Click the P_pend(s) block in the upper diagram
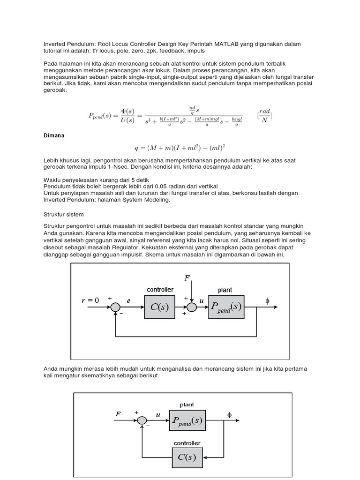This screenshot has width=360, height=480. click(x=226, y=307)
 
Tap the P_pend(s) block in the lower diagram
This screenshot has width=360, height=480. click(x=187, y=420)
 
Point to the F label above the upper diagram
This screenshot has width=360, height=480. click(x=187, y=278)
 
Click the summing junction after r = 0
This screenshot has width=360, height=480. click(x=115, y=307)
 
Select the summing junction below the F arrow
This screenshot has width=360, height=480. click(x=191, y=307)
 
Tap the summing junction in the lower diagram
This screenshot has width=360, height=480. click(x=142, y=420)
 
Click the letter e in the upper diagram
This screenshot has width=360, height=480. click(x=128, y=300)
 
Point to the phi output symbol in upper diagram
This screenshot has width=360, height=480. click(x=268, y=300)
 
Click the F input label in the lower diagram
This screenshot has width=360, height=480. click(x=118, y=414)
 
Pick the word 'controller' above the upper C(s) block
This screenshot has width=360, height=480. click(x=160, y=290)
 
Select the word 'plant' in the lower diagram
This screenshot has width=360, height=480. click(x=187, y=405)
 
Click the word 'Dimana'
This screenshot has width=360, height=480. click(x=53, y=135)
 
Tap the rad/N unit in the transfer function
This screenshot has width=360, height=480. click(x=265, y=115)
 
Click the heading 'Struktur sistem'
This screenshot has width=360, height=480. click(x=63, y=214)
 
